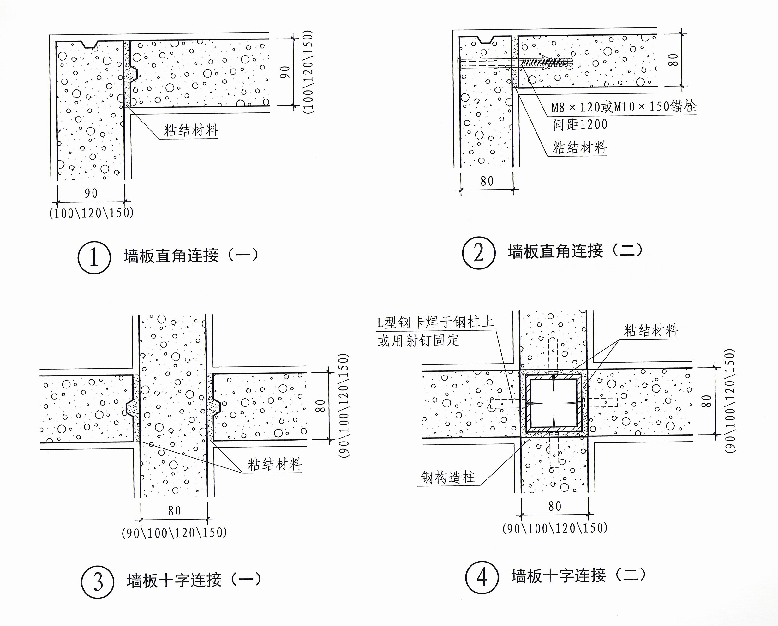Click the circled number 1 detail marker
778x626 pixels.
(94, 257)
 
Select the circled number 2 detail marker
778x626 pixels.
(478, 253)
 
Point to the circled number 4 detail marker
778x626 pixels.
(482, 577)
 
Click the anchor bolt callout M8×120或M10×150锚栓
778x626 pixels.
(623, 107)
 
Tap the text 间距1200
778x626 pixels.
(580, 124)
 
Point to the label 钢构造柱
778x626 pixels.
(448, 477)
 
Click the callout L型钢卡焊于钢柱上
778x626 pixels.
(435, 322)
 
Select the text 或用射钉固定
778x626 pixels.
(419, 340)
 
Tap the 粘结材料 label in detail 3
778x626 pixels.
(275, 464)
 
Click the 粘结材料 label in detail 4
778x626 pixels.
(651, 331)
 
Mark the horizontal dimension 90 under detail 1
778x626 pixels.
(91, 194)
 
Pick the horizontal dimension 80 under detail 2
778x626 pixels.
(487, 181)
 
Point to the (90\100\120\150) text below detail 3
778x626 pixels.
(174, 533)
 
